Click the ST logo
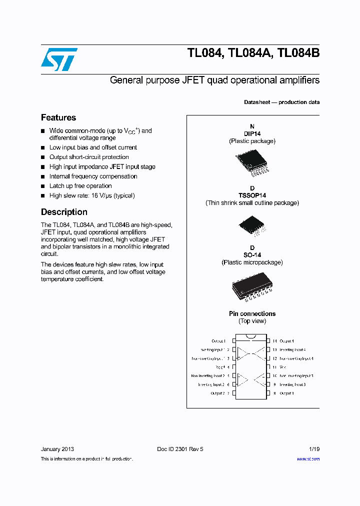[59, 59]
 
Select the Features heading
[58, 117]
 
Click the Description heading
[64, 212]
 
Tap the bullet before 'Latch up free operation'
[43, 186]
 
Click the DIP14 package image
[252, 162]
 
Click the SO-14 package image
[252, 288]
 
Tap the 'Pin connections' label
[252, 313]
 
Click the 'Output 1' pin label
[218, 340]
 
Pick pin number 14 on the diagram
[274, 340]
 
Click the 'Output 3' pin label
[287, 393]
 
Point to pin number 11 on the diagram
[274, 367]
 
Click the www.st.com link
[308, 458]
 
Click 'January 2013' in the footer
[57, 449]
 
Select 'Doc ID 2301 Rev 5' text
[180, 449]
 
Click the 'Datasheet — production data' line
[281, 102]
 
